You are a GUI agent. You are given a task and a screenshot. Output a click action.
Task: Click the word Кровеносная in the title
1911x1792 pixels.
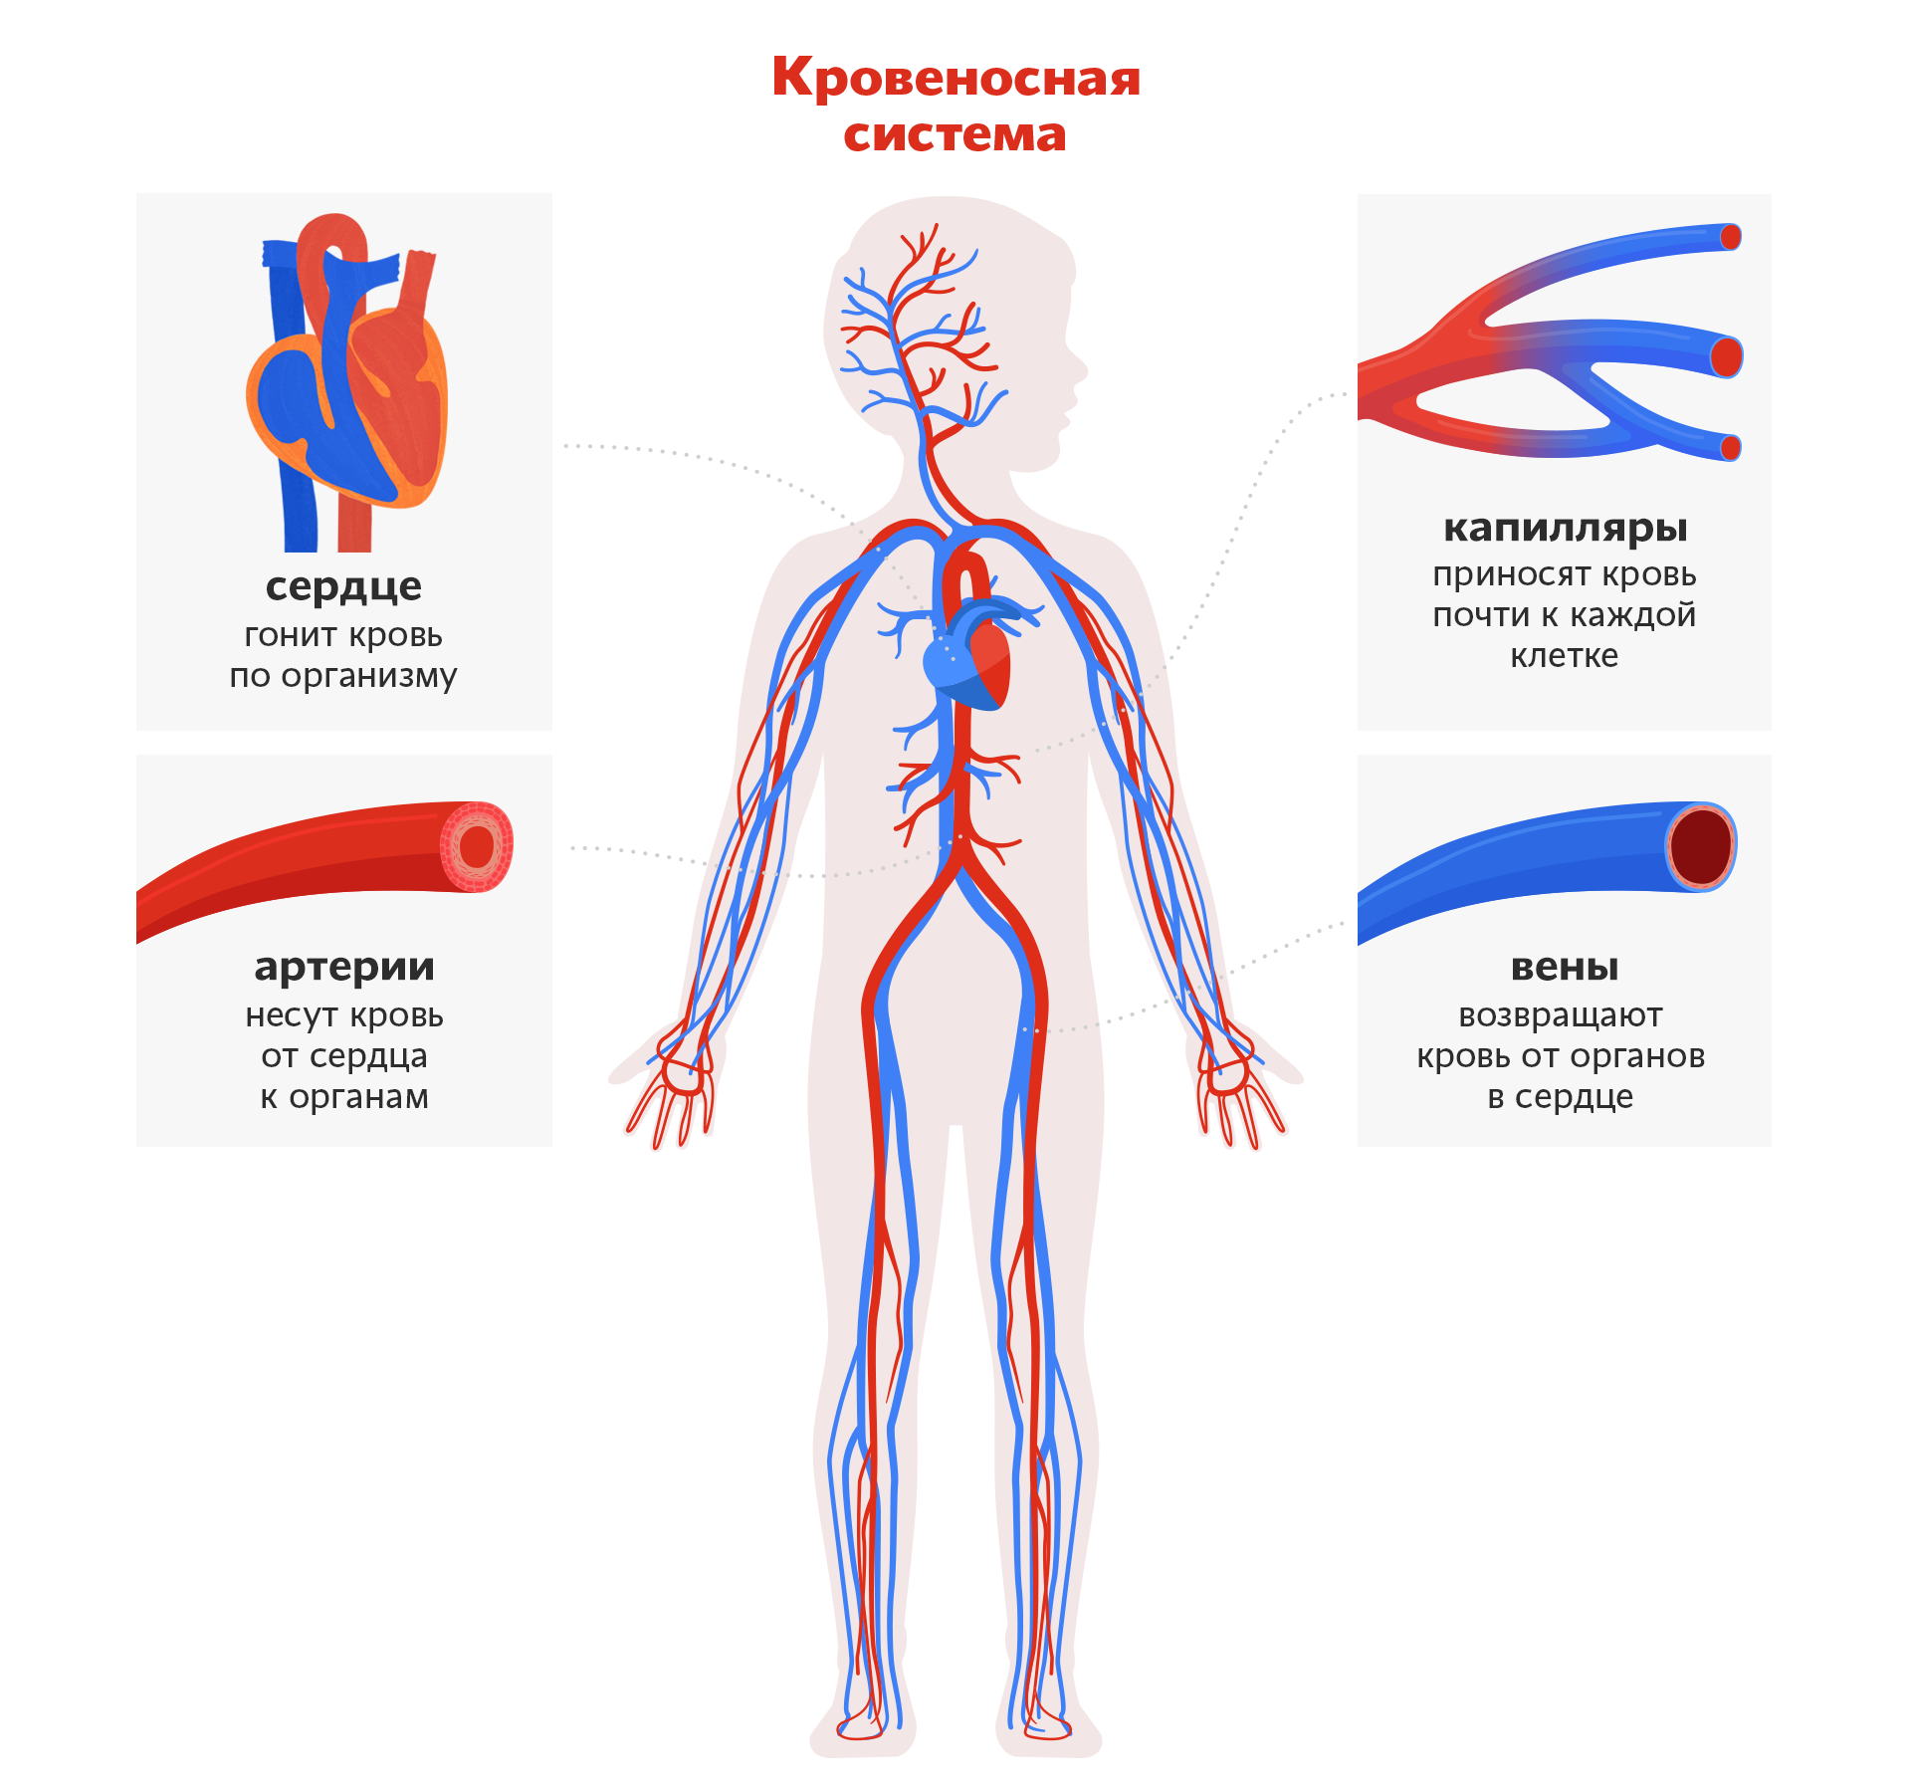click(955, 78)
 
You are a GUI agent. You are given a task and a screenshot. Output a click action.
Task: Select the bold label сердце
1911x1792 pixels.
click(343, 585)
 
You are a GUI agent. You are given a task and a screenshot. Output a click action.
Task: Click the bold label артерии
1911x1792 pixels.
click(344, 966)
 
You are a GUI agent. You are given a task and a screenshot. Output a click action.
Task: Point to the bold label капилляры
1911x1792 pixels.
click(1565, 528)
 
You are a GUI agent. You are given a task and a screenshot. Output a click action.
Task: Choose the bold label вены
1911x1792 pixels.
click(1564, 966)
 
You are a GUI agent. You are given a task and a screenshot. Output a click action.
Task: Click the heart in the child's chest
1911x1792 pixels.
click(970, 657)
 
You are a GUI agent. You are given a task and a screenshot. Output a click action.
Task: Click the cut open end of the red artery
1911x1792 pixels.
click(477, 846)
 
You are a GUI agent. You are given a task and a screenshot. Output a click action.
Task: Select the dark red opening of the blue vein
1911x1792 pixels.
click(1701, 846)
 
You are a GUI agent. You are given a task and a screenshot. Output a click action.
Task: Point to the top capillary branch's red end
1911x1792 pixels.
click(1731, 237)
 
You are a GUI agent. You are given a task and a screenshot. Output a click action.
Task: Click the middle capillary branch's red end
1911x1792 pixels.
click(1727, 355)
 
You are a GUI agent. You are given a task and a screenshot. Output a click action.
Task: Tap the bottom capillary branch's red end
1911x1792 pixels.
click(1731, 448)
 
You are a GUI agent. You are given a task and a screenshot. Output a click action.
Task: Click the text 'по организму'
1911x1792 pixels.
click(343, 676)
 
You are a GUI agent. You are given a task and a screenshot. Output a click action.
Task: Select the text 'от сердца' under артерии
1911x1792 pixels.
click(344, 1055)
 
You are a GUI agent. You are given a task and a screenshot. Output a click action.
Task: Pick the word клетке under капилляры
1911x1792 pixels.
click(1564, 656)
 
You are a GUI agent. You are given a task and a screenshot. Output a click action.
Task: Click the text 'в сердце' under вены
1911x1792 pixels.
click(1560, 1096)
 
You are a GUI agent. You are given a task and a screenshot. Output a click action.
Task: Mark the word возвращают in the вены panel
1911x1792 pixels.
click(1560, 1014)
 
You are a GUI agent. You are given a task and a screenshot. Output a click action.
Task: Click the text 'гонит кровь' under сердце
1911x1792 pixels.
click(343, 634)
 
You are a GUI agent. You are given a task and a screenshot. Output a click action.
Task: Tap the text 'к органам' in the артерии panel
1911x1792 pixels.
click(344, 1096)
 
